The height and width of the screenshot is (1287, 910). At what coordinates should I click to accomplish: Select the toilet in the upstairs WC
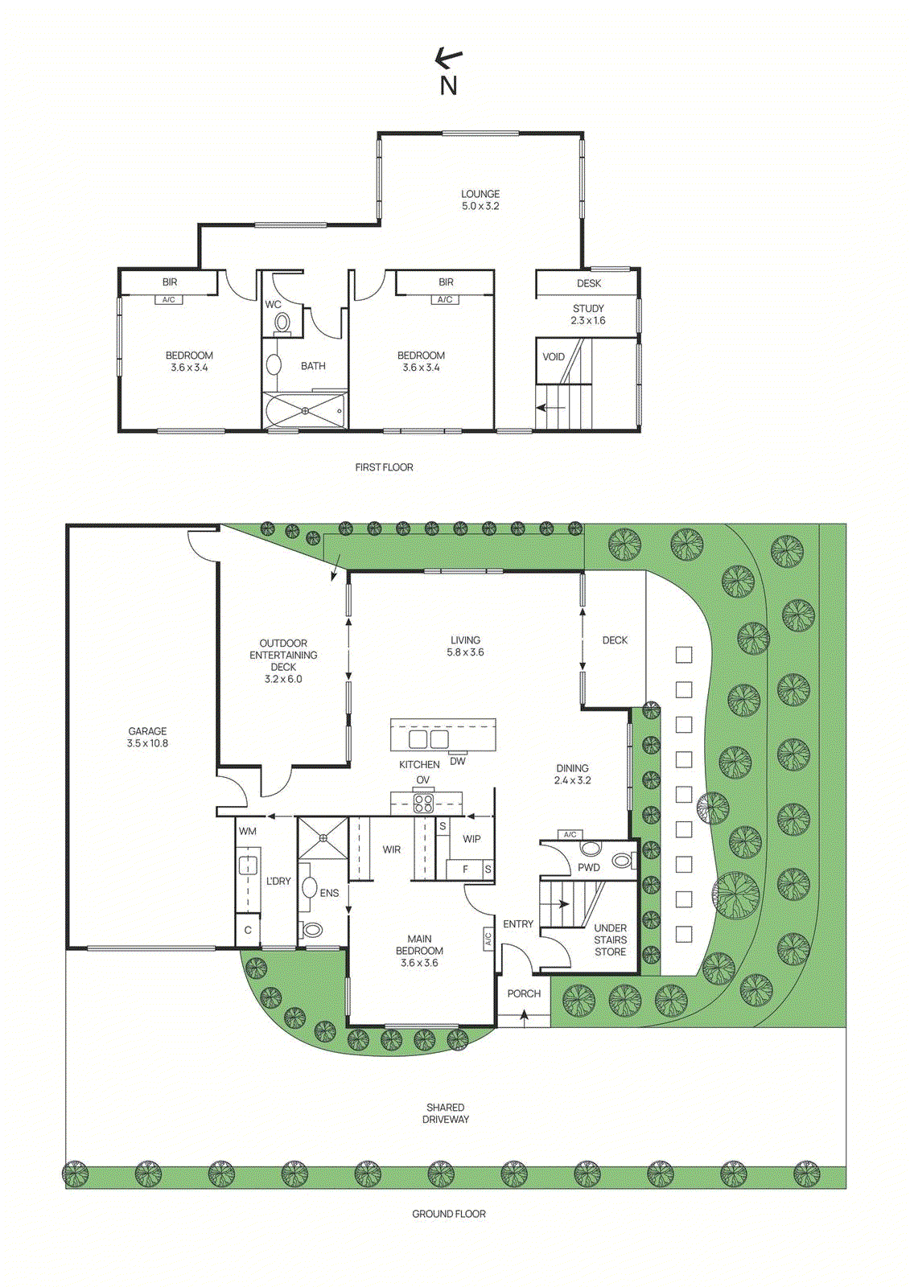tap(282, 323)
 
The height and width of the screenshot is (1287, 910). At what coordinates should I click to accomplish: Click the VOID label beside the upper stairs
tap(553, 356)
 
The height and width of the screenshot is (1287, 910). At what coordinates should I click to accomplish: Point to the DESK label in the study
tap(588, 283)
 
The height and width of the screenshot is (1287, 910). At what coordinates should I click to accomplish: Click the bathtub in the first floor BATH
tap(305, 410)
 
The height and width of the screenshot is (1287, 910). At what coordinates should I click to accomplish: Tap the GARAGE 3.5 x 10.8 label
tap(147, 737)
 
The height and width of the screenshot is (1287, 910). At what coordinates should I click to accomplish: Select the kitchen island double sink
tap(428, 738)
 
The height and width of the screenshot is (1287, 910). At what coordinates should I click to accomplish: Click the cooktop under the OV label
tap(423, 802)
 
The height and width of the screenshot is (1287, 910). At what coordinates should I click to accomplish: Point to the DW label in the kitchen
tap(457, 761)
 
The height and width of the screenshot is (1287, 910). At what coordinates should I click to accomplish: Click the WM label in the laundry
tap(247, 831)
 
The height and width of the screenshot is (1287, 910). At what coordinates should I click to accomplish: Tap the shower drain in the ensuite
tap(323, 837)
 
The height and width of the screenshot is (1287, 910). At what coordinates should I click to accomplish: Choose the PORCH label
tap(524, 993)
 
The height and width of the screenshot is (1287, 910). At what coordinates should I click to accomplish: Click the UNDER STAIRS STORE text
tap(610, 940)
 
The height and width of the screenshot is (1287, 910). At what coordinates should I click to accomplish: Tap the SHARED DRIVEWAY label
tap(445, 1113)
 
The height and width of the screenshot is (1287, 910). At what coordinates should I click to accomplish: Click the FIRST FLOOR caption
tap(384, 467)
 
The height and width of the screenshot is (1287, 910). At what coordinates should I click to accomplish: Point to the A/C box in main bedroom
tap(488, 938)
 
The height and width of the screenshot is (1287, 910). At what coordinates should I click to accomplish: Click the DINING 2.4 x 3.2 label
tap(572, 774)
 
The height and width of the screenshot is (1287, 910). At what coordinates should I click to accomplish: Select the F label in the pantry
tap(465, 869)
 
